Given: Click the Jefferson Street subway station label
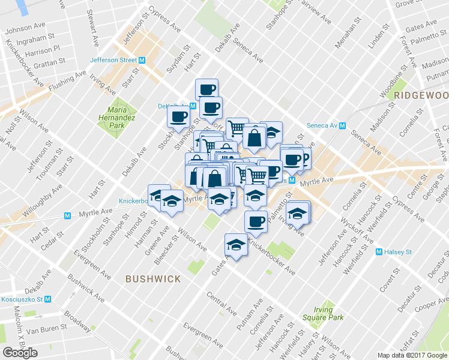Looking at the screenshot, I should pos(113,60).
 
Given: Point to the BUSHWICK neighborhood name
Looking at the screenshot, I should pos(153,279).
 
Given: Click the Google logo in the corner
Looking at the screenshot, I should pos(20,353).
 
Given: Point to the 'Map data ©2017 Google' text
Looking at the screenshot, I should pos(412,355).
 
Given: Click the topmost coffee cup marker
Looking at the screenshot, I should pos(207,89).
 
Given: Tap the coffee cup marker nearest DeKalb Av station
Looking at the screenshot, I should pos(178,115).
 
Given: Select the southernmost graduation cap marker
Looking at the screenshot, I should pos(236,245).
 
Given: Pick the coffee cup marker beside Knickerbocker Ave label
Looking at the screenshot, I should pos(256,221).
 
